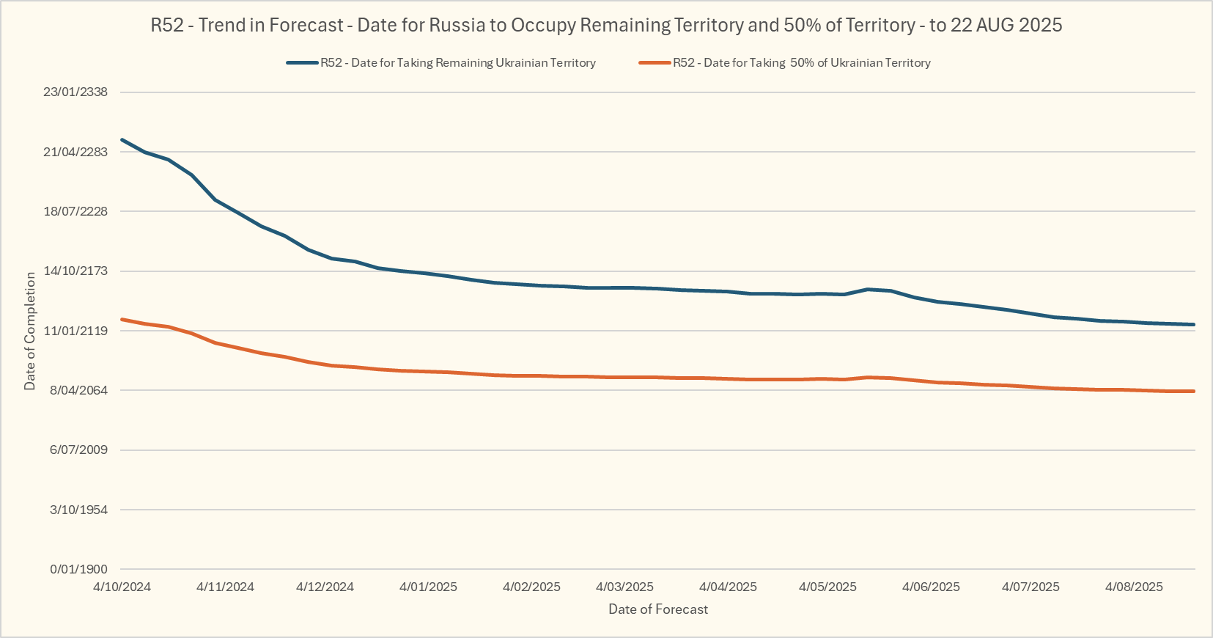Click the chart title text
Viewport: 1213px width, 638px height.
click(x=606, y=26)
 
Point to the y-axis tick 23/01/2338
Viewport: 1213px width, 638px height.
click(x=75, y=92)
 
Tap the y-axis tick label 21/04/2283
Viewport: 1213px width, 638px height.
click(x=75, y=152)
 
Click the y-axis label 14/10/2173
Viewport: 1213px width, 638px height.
click(x=75, y=271)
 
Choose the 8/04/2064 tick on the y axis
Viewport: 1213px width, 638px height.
click(x=78, y=390)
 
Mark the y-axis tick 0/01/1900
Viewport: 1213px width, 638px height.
click(x=78, y=569)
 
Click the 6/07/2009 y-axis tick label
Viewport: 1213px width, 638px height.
click(x=78, y=450)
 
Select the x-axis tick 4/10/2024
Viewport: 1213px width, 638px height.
click(x=122, y=587)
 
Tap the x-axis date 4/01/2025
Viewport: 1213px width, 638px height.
click(x=428, y=587)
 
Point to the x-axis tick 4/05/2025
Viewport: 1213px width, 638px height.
click(x=827, y=587)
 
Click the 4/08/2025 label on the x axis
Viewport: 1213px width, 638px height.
click(x=1134, y=587)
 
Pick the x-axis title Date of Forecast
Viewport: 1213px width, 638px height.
click(x=658, y=609)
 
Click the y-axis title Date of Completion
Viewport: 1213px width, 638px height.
click(x=30, y=331)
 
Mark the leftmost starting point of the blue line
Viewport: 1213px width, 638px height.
click(x=122, y=139)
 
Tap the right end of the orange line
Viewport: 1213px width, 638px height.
click(x=1194, y=391)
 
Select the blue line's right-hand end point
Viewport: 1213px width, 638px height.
click(x=1194, y=324)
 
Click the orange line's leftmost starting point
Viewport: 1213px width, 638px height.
click(x=122, y=319)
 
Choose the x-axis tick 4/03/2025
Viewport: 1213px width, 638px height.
click(x=624, y=587)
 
